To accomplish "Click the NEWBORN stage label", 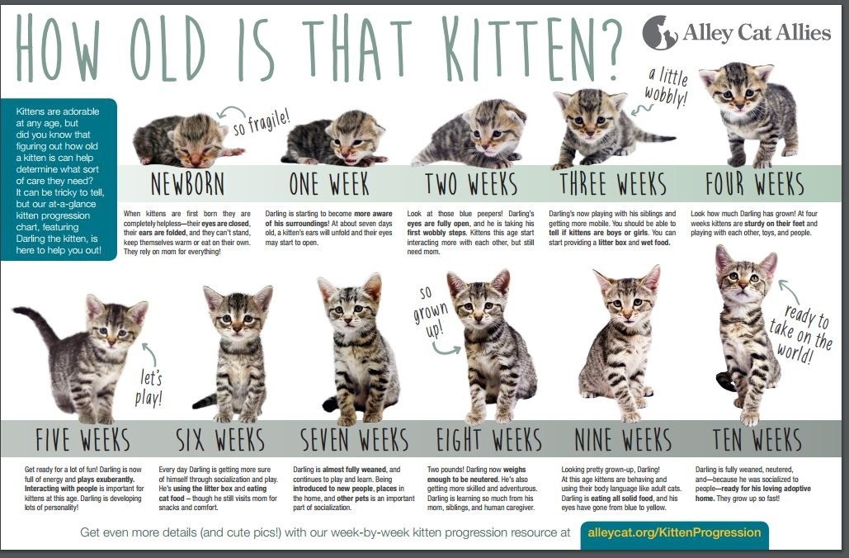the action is coord(187,183).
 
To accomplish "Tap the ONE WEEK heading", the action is coord(329,183).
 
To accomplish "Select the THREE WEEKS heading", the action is coord(613,183).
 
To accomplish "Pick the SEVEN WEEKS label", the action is coord(355,439).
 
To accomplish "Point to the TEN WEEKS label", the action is coord(757,439).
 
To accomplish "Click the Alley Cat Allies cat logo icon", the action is coord(660,32).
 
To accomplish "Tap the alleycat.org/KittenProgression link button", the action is coord(674,532).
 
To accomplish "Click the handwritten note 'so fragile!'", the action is coord(261,121).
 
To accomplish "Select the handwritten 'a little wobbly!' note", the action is coord(667,87).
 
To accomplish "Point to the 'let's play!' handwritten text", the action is coord(149,388).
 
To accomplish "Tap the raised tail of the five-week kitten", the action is coord(39,323).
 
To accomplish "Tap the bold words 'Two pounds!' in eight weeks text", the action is coord(445,470).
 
